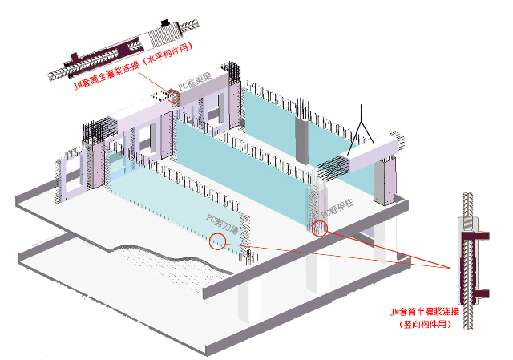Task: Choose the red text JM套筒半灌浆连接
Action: point(424,311)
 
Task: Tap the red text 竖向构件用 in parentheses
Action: point(426,324)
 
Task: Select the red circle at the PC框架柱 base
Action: point(321,228)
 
